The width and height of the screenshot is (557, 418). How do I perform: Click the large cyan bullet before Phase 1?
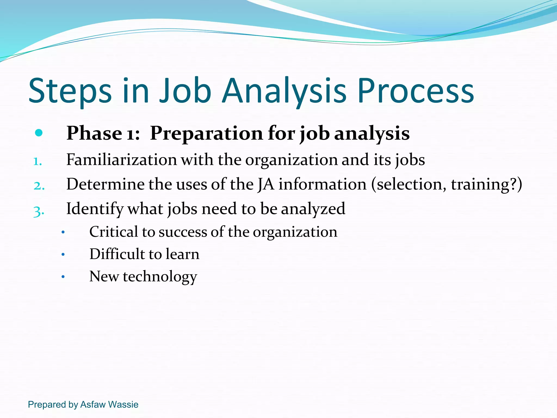click(39, 133)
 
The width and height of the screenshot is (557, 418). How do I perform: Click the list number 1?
click(37, 161)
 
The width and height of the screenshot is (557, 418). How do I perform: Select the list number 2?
click(39, 186)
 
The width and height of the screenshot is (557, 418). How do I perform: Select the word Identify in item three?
click(95, 209)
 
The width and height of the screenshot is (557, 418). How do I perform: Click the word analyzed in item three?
click(313, 209)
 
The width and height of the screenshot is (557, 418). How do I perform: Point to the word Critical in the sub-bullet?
click(113, 232)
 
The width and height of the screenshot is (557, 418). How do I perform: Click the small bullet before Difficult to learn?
click(63, 255)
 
